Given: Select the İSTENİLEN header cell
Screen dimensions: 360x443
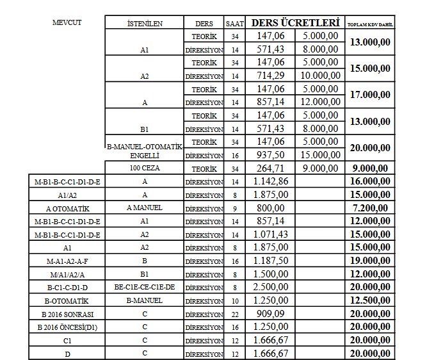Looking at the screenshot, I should [145, 23].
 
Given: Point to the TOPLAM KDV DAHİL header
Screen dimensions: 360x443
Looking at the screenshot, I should [370, 24].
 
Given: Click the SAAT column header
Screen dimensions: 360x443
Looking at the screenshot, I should [234, 23].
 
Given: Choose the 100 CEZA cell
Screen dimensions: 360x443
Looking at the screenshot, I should [145, 168].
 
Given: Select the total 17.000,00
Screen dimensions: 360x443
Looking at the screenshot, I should [370, 95].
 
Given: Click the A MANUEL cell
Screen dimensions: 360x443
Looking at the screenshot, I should [145, 208].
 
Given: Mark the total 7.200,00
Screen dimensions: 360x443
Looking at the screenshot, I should [370, 208].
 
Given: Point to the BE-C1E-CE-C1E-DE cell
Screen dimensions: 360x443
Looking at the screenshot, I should [145, 287].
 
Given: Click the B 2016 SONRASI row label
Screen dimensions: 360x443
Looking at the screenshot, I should [67, 314].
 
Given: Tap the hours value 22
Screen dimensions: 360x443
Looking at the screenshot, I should [234, 314].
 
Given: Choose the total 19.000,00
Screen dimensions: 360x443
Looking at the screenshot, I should [370, 261].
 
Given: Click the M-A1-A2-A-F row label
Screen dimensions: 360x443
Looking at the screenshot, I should [67, 261].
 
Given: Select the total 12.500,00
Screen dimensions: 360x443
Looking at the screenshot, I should [370, 300].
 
